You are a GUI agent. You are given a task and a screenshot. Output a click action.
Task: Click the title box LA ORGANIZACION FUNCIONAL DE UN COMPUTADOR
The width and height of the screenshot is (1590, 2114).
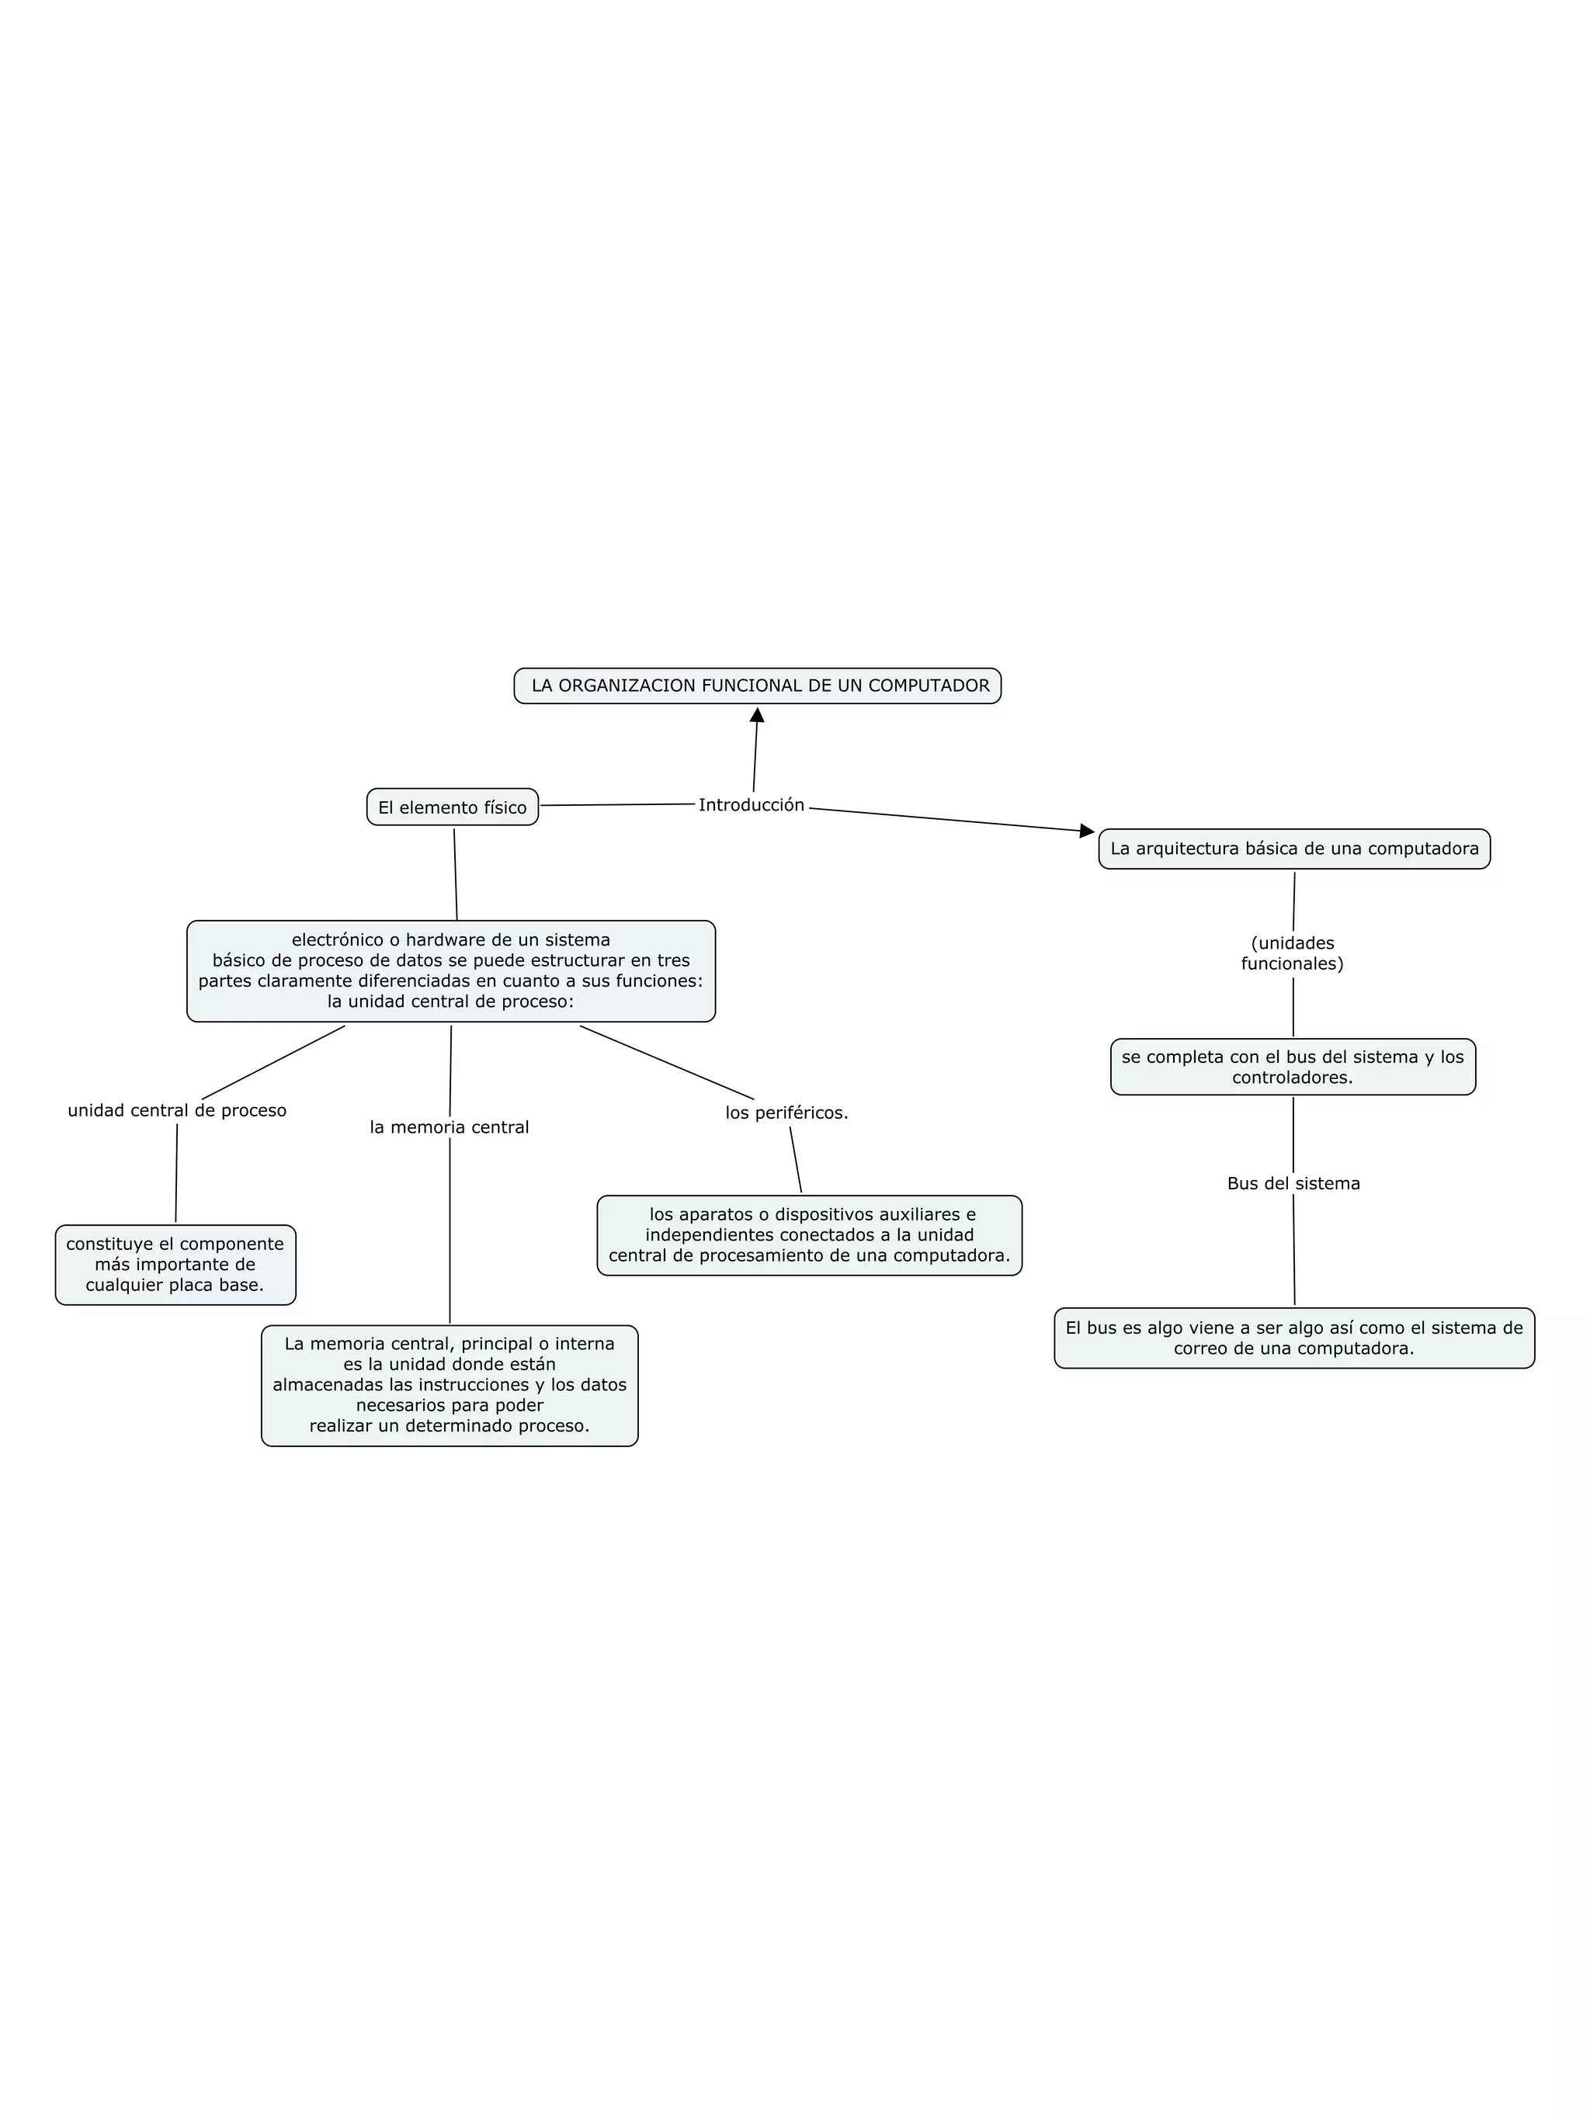tap(757, 686)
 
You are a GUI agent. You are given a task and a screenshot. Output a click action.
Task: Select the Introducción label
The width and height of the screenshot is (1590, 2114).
tap(751, 806)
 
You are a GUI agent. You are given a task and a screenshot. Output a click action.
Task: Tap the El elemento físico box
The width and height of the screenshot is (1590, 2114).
tap(452, 807)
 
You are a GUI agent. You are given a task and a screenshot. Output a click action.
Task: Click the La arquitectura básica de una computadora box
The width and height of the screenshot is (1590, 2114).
tap(1293, 849)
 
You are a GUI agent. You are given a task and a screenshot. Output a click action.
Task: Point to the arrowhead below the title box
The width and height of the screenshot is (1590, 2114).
tap(757, 716)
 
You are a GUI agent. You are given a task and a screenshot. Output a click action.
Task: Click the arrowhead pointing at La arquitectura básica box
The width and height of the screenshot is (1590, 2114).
tap(1086, 831)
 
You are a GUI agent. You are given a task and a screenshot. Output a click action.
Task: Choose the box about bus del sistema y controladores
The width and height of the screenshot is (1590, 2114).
tap(1292, 1067)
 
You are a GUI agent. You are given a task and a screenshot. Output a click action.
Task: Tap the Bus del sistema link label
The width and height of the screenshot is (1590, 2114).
tap(1293, 1183)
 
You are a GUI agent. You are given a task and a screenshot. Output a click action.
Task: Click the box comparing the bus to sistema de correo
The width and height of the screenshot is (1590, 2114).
tap(1293, 1338)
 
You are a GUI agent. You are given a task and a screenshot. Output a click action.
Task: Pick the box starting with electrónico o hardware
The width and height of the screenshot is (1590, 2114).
tap(451, 971)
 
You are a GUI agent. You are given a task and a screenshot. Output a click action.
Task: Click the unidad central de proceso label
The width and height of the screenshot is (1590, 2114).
tap(177, 1110)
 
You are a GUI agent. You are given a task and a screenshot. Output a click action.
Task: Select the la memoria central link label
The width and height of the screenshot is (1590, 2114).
tap(449, 1128)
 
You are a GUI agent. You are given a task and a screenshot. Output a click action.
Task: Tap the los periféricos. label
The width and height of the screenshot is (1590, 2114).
tap(786, 1113)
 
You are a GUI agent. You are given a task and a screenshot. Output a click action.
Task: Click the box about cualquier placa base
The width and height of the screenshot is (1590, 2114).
tap(175, 1265)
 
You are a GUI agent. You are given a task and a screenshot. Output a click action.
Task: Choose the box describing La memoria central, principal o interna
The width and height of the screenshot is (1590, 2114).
tap(449, 1385)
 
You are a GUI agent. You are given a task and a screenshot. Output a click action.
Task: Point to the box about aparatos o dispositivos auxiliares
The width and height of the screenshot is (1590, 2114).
tap(809, 1234)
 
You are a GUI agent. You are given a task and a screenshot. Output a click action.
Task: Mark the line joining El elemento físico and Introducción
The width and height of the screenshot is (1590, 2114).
tap(616, 805)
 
